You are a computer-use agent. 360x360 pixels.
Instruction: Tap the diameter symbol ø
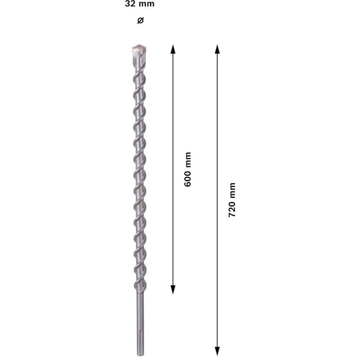point(140,21)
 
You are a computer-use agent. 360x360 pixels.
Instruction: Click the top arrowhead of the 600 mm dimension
point(173,49)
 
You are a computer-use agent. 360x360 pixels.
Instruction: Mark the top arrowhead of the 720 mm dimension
point(218,49)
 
